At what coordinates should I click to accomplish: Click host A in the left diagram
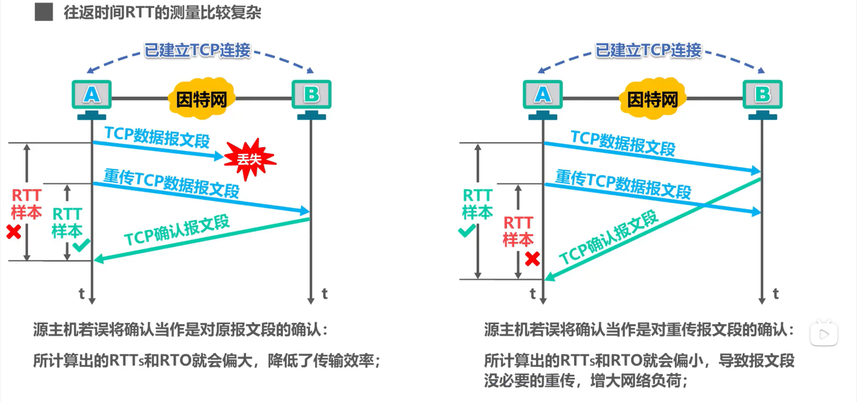pos(92,95)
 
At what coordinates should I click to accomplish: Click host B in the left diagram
pos(312,95)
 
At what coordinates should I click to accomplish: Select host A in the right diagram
pos(543,95)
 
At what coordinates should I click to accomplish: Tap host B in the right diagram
pos(762,95)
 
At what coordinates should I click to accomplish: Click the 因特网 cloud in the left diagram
pos(201,99)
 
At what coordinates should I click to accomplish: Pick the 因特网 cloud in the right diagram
pos(652,99)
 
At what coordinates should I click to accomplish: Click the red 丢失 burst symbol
pos(249,159)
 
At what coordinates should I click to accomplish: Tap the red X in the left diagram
pos(14,232)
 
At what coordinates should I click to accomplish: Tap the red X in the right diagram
pos(532,259)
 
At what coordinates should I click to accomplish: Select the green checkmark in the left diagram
pos(81,245)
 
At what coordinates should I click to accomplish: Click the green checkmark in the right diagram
pos(467,231)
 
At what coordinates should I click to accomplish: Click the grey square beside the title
pos(44,12)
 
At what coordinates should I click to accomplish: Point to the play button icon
pos(824,334)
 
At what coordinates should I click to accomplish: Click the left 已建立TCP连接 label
pos(197,50)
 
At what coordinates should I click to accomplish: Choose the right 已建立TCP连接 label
pos(648,50)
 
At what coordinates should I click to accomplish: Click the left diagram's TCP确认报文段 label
pos(177,230)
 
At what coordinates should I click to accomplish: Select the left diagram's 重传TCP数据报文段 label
pos(171,183)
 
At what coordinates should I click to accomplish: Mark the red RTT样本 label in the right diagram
pos(518,231)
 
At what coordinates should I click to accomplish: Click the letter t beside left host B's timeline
pos(324,294)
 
